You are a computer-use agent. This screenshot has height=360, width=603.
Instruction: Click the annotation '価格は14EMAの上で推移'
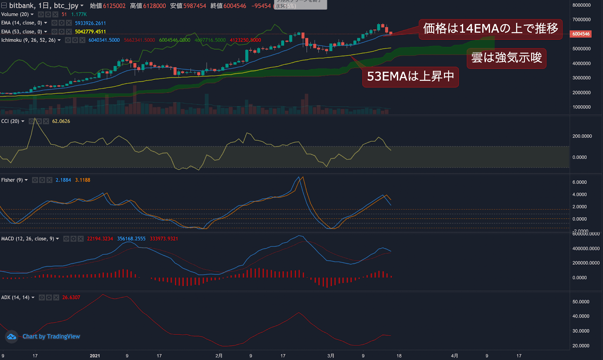tap(490, 29)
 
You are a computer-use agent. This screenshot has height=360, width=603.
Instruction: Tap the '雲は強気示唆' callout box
tap(506, 58)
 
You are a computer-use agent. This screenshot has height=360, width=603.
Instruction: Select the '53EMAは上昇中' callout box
tap(410, 77)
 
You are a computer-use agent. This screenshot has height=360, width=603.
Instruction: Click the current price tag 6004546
tap(581, 34)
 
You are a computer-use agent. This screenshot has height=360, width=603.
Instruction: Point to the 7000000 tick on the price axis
tap(581, 20)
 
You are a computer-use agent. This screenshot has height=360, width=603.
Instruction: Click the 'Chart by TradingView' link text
tap(51, 336)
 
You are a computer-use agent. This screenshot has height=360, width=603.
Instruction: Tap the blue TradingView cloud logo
tap(11, 337)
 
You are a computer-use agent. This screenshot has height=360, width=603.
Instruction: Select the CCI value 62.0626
tap(61, 121)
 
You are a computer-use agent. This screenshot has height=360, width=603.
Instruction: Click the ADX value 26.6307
tap(71, 297)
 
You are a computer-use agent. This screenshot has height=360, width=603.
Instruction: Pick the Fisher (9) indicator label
tap(12, 180)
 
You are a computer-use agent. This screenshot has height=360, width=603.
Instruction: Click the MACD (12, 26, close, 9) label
tap(28, 239)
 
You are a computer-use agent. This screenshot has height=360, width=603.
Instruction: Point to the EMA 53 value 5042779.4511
tap(90, 32)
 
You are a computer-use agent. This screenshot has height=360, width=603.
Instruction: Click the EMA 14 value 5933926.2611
tap(90, 23)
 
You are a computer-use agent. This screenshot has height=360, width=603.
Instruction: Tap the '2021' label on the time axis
tap(95, 355)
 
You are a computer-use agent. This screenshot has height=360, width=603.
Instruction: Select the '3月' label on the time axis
tap(331, 355)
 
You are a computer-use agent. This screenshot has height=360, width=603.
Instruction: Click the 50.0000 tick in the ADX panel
tap(581, 302)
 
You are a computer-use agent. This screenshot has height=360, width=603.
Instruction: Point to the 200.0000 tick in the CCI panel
tap(582, 136)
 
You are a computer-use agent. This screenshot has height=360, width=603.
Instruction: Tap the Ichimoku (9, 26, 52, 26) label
tap(28, 40)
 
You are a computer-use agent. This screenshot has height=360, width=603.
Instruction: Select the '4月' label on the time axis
tap(455, 355)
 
